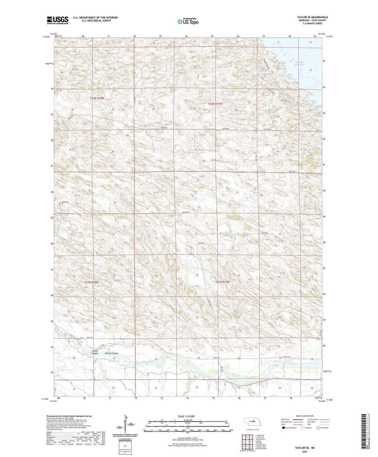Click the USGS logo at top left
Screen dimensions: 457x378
(x=58, y=20)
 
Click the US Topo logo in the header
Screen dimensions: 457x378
(x=188, y=21)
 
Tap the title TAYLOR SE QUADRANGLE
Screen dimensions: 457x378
(x=312, y=17)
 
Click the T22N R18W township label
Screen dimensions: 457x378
(x=97, y=98)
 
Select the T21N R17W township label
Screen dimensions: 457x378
(x=222, y=282)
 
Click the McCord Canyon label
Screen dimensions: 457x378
(x=112, y=353)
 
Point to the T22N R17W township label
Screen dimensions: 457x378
(x=215, y=104)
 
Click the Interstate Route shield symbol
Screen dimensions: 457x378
(x=284, y=428)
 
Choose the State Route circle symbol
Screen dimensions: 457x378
(x=318, y=428)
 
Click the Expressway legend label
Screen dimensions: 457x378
(x=285, y=419)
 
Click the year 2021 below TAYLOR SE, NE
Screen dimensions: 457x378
(x=304, y=452)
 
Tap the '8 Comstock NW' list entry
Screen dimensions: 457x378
(x=261, y=449)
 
